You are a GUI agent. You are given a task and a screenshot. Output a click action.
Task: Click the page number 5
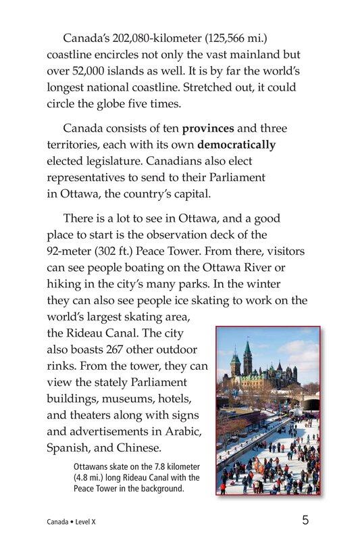305,521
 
